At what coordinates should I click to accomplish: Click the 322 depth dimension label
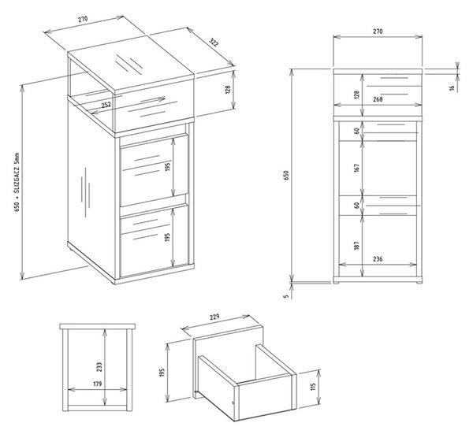[x=214, y=43]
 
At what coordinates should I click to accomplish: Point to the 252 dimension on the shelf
[x=106, y=105]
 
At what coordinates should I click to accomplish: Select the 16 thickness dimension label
[x=452, y=87]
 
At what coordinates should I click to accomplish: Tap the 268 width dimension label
[x=378, y=99]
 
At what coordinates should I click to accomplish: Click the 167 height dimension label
[x=357, y=168]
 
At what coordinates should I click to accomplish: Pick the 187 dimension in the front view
[x=357, y=245]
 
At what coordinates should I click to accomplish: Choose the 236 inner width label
[x=378, y=259]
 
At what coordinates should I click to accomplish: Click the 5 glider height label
[x=287, y=296]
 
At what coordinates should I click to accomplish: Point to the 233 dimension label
[x=99, y=366]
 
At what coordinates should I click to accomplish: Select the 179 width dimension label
[x=98, y=384]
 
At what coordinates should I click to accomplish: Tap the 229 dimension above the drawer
[x=214, y=317]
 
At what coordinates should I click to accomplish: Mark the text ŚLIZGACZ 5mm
[x=17, y=173]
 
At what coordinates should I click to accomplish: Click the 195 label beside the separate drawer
[x=162, y=373]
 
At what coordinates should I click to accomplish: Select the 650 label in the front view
[x=286, y=175]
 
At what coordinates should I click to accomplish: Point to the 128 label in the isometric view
[x=228, y=90]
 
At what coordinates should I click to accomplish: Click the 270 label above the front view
[x=378, y=32]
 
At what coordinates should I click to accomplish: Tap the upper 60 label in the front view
[x=357, y=131]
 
